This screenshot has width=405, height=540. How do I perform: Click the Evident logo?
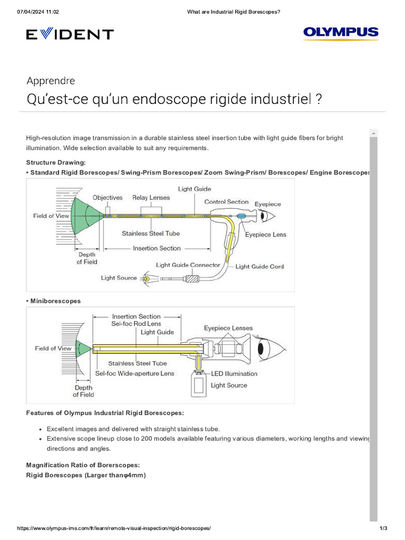(x=70, y=35)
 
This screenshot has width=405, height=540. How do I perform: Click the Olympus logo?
(x=341, y=33)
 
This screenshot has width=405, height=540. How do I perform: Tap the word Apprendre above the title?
(x=51, y=81)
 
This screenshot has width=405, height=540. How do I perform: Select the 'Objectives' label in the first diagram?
(x=108, y=198)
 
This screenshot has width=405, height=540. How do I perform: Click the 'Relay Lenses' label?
(x=151, y=198)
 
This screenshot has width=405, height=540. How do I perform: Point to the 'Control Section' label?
(x=226, y=202)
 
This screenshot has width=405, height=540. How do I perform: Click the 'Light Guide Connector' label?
(x=188, y=265)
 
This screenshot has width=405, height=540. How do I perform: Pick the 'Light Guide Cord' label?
(x=259, y=266)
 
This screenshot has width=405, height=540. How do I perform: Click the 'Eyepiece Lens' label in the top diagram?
(x=266, y=235)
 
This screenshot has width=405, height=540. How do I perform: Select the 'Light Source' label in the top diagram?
(x=119, y=278)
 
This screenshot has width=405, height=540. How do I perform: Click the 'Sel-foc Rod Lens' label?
(x=136, y=323)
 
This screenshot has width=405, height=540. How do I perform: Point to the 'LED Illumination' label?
(x=234, y=373)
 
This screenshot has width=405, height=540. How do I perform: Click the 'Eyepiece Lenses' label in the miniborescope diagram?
(x=228, y=328)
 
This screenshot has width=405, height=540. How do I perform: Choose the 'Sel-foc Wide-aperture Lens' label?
(x=134, y=373)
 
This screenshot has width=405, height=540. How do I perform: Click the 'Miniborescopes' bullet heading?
(x=55, y=301)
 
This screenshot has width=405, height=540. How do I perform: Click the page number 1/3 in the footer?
(x=383, y=528)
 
